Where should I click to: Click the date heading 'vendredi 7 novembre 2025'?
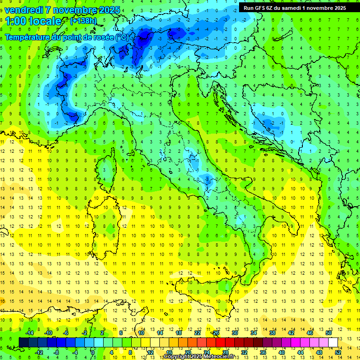pos(62,10)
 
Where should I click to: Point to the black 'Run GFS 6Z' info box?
pos(295,7)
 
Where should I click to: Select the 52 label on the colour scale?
pos(338,352)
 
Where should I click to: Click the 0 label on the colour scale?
pos(93,352)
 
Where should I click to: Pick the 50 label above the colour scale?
pos(329,333)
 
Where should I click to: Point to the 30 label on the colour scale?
pos(234,333)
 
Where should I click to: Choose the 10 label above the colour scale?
pos(141,333)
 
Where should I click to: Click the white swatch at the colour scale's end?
pos(333,342)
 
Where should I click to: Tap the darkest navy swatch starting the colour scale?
pos(23,342)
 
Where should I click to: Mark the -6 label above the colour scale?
pos(66,333)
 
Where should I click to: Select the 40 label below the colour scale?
pos(282,352)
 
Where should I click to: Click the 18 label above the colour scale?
pos(178,333)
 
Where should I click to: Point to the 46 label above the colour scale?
pos(310,333)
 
